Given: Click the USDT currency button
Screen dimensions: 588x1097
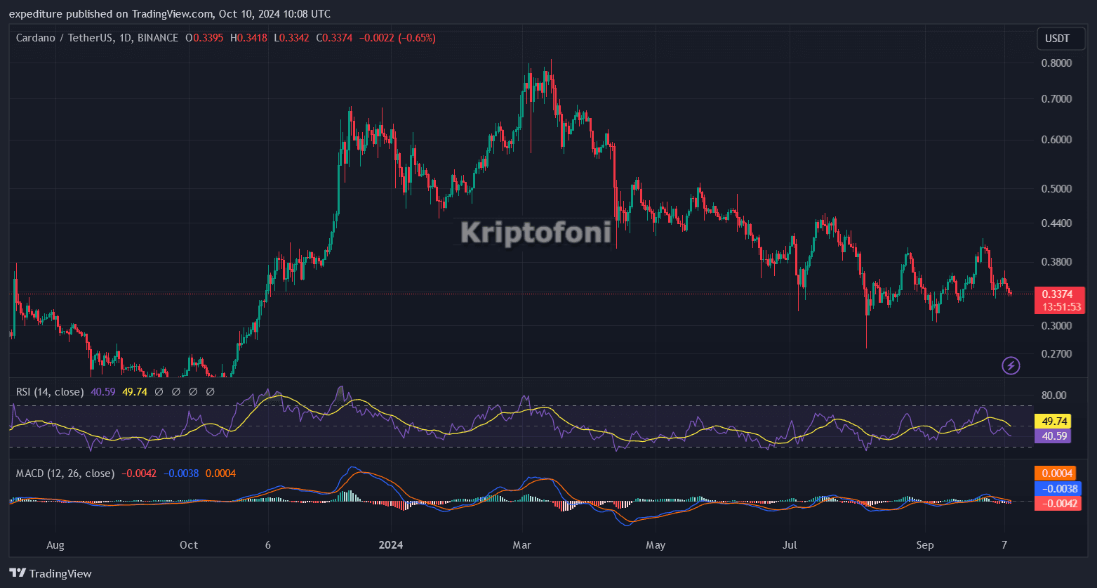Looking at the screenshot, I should [1060, 39].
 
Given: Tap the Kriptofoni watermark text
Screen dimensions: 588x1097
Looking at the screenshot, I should [536, 233].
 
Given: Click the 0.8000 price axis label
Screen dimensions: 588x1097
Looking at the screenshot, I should [1056, 63].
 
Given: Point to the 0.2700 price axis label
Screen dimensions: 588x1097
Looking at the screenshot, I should [1056, 353].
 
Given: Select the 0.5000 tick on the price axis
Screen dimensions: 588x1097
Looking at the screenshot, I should [1056, 188].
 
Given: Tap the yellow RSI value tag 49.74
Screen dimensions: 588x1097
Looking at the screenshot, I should [1054, 422].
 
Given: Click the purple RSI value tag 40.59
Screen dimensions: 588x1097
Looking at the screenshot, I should [1054, 436].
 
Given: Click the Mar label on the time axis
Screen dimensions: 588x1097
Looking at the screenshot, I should [521, 544].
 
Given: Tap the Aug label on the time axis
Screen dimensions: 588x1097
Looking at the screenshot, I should [55, 544].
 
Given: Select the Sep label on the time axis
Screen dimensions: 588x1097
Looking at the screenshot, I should [925, 544].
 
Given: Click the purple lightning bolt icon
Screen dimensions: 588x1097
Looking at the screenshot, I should [1011, 365].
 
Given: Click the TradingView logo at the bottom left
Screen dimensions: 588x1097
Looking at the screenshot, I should [51, 573].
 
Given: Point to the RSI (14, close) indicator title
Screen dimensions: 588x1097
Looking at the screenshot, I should [50, 391].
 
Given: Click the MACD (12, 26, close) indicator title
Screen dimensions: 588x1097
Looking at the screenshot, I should [65, 473].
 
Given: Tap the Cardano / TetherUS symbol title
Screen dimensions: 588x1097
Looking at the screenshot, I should [97, 38].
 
